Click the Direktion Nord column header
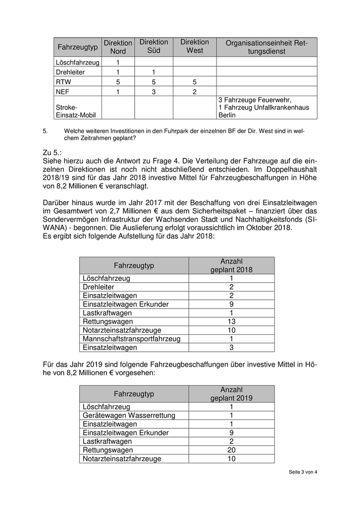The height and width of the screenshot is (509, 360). tap(118, 47)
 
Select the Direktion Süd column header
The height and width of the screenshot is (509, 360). tap(154, 46)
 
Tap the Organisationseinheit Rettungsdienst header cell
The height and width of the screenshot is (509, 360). tap(266, 47)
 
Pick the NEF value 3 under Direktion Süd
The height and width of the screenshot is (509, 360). tap(154, 92)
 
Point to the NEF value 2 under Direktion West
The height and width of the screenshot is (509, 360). tap(194, 92)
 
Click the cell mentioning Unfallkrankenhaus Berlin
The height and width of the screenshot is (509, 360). tap(266, 107)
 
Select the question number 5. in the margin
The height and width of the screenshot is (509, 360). tap(46, 131)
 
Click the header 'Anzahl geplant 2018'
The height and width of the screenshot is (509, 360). tap(231, 265)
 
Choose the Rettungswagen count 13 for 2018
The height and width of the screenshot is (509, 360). tap(231, 321)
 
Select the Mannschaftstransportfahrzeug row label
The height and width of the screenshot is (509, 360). tap(131, 339)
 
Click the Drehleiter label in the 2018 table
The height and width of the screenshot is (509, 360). tap(99, 286)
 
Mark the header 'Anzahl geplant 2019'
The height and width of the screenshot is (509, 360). tap(231, 394)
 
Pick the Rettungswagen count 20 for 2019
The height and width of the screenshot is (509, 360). tap(231, 450)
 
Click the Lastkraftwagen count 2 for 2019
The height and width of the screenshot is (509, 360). tap(231, 441)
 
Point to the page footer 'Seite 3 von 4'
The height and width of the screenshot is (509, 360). tap(303, 472)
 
